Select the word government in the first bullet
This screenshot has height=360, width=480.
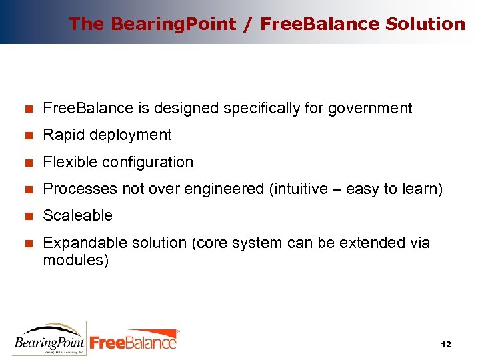pos(370,108)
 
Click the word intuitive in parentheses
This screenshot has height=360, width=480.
pos(299,189)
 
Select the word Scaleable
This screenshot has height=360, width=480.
pos(77,215)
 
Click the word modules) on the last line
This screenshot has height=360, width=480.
pos(75,260)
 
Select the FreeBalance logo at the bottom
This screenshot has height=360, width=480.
pos(134,340)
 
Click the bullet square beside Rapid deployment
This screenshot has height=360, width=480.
pos(28,135)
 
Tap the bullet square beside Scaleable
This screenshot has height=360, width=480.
pos(28,216)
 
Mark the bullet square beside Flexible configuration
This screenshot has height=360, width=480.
pos(28,162)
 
